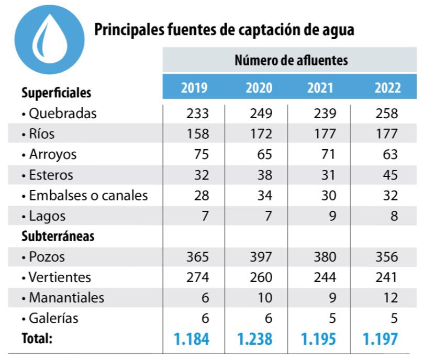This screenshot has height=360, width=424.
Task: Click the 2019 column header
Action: [194, 87]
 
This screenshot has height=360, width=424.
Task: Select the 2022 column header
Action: [387, 87]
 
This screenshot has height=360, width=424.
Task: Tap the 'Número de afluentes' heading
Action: [291, 61]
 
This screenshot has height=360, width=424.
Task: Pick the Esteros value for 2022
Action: [389, 175]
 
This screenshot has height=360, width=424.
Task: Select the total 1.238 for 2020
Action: [255, 339]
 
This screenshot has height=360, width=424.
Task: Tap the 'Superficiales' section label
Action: [57, 93]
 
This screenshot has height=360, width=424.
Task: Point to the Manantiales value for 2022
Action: [389, 298]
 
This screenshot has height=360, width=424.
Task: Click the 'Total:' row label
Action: [37, 339]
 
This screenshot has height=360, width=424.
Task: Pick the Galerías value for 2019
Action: [205, 318]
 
